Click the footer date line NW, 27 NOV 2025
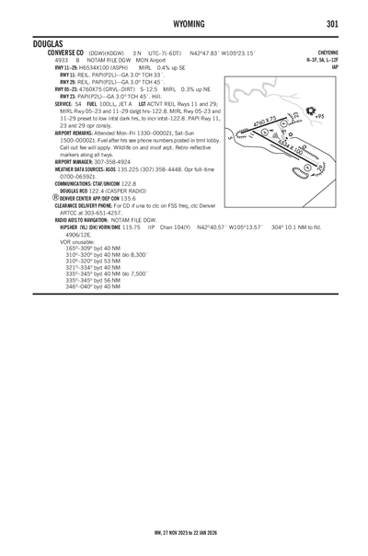184,532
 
